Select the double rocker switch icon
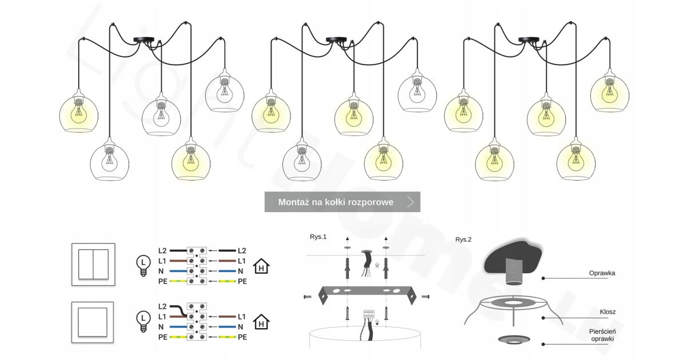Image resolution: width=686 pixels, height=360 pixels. (93, 265)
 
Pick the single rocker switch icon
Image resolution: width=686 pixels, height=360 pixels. (93, 322)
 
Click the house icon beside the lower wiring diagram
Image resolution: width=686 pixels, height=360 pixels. (261, 322)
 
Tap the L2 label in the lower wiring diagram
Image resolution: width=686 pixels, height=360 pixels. (162, 307)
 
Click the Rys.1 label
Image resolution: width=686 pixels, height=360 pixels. (318, 237)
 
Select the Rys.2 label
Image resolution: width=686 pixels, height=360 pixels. (464, 239)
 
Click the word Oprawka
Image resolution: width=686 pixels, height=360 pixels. (602, 273)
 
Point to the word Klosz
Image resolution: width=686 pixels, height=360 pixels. (608, 312)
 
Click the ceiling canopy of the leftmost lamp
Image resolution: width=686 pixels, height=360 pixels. (141, 40)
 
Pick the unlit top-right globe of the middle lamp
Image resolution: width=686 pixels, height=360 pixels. (417, 93)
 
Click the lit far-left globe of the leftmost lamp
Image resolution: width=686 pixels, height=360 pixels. (79, 111)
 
